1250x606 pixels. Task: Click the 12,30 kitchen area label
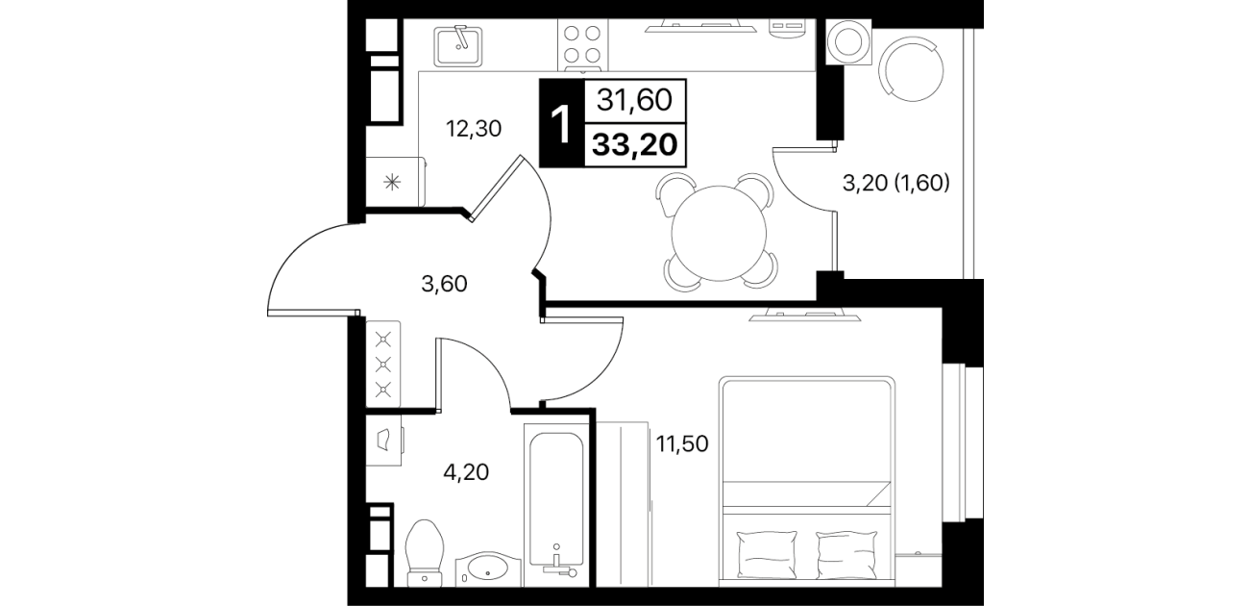[474, 130]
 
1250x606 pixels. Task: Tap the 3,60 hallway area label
[444, 285]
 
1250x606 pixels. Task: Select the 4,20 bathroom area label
[466, 472]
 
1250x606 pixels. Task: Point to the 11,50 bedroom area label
[682, 444]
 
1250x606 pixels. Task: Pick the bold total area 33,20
[635, 145]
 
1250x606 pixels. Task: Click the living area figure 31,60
[634, 101]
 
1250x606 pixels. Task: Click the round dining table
[719, 234]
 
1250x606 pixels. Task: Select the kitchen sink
[458, 45]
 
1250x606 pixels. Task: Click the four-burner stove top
[582, 44]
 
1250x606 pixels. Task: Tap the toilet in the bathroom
[426, 553]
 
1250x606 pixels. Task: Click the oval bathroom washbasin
[488, 568]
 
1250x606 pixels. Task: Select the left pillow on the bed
[768, 555]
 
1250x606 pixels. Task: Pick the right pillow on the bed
[846, 555]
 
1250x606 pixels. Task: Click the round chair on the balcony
[911, 69]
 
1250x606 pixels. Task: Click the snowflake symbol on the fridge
[392, 182]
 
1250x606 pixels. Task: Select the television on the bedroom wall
[805, 316]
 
